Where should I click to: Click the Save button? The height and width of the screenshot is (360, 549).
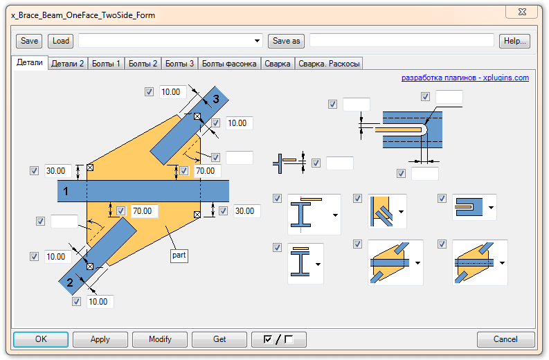[28, 41]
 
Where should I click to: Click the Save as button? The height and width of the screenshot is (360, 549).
[287, 41]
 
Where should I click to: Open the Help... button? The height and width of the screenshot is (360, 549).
[514, 41]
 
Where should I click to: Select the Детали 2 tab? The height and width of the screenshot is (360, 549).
[68, 64]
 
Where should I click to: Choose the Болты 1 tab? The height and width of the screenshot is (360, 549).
[107, 64]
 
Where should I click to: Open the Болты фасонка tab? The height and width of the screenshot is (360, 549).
[229, 64]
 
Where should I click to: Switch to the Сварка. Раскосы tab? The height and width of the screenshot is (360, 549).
[329, 64]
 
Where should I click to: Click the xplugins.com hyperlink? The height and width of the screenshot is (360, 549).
[465, 78]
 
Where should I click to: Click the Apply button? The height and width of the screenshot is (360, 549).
[100, 340]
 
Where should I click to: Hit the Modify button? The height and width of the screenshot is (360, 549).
[160, 340]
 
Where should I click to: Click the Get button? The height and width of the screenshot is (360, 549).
[219, 340]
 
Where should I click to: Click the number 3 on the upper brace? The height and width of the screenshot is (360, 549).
[216, 100]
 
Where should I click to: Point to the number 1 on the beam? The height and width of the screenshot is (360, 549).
[66, 192]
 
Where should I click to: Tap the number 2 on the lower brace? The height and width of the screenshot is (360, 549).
[70, 282]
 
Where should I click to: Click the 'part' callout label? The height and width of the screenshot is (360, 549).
[179, 255]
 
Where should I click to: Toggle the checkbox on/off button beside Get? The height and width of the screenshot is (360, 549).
[278, 340]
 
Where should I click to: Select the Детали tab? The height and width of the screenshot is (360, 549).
[30, 63]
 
